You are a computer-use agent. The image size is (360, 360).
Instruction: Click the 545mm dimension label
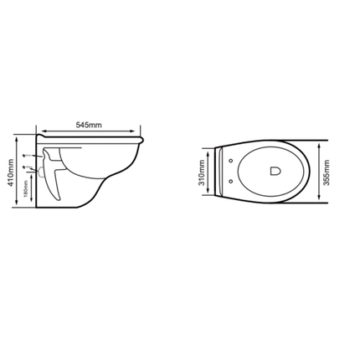[x=90, y=125]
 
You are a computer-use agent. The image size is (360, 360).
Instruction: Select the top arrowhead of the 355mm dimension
[x=327, y=143]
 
